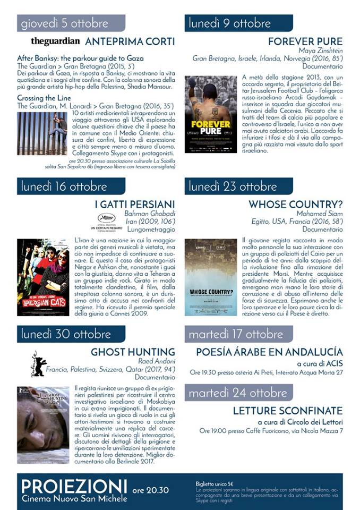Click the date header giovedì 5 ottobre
[65, 23]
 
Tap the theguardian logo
[55, 41]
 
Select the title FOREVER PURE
[305, 41]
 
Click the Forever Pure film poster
[211, 114]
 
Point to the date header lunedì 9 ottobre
[230, 23]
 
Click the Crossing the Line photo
[42, 133]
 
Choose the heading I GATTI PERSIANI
[134, 205]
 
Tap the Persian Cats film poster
[43, 277]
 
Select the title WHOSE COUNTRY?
[295, 205]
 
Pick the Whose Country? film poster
[211, 277]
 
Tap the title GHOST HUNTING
[133, 352]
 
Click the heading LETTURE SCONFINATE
[288, 411]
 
